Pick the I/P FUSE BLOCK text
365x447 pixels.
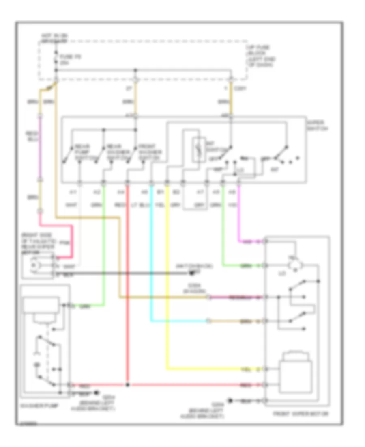click(x=260, y=56)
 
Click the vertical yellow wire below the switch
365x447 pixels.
click(x=167, y=284)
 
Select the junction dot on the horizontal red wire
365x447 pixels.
click(x=127, y=384)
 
